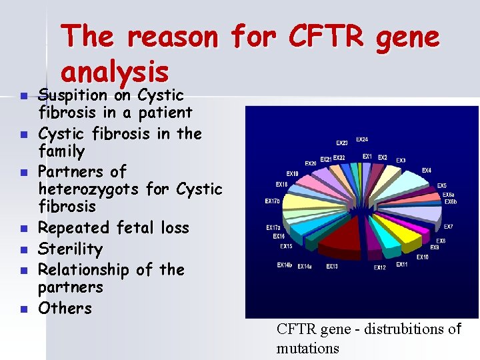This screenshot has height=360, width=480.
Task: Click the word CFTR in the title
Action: point(326,37)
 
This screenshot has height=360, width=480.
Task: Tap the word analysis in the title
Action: point(114,70)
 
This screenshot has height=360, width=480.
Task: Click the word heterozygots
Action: point(89,189)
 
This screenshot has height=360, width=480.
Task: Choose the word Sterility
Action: point(70,249)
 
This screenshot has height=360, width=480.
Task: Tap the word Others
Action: point(65,308)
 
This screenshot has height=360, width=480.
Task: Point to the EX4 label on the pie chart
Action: point(426,171)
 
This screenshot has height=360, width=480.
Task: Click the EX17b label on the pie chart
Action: point(272,201)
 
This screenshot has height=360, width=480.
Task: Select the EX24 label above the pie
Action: point(361,139)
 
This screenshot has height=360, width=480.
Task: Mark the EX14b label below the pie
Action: point(285,265)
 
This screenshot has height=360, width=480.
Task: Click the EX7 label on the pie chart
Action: point(449,227)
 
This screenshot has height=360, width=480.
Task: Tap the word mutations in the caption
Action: point(307,348)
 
